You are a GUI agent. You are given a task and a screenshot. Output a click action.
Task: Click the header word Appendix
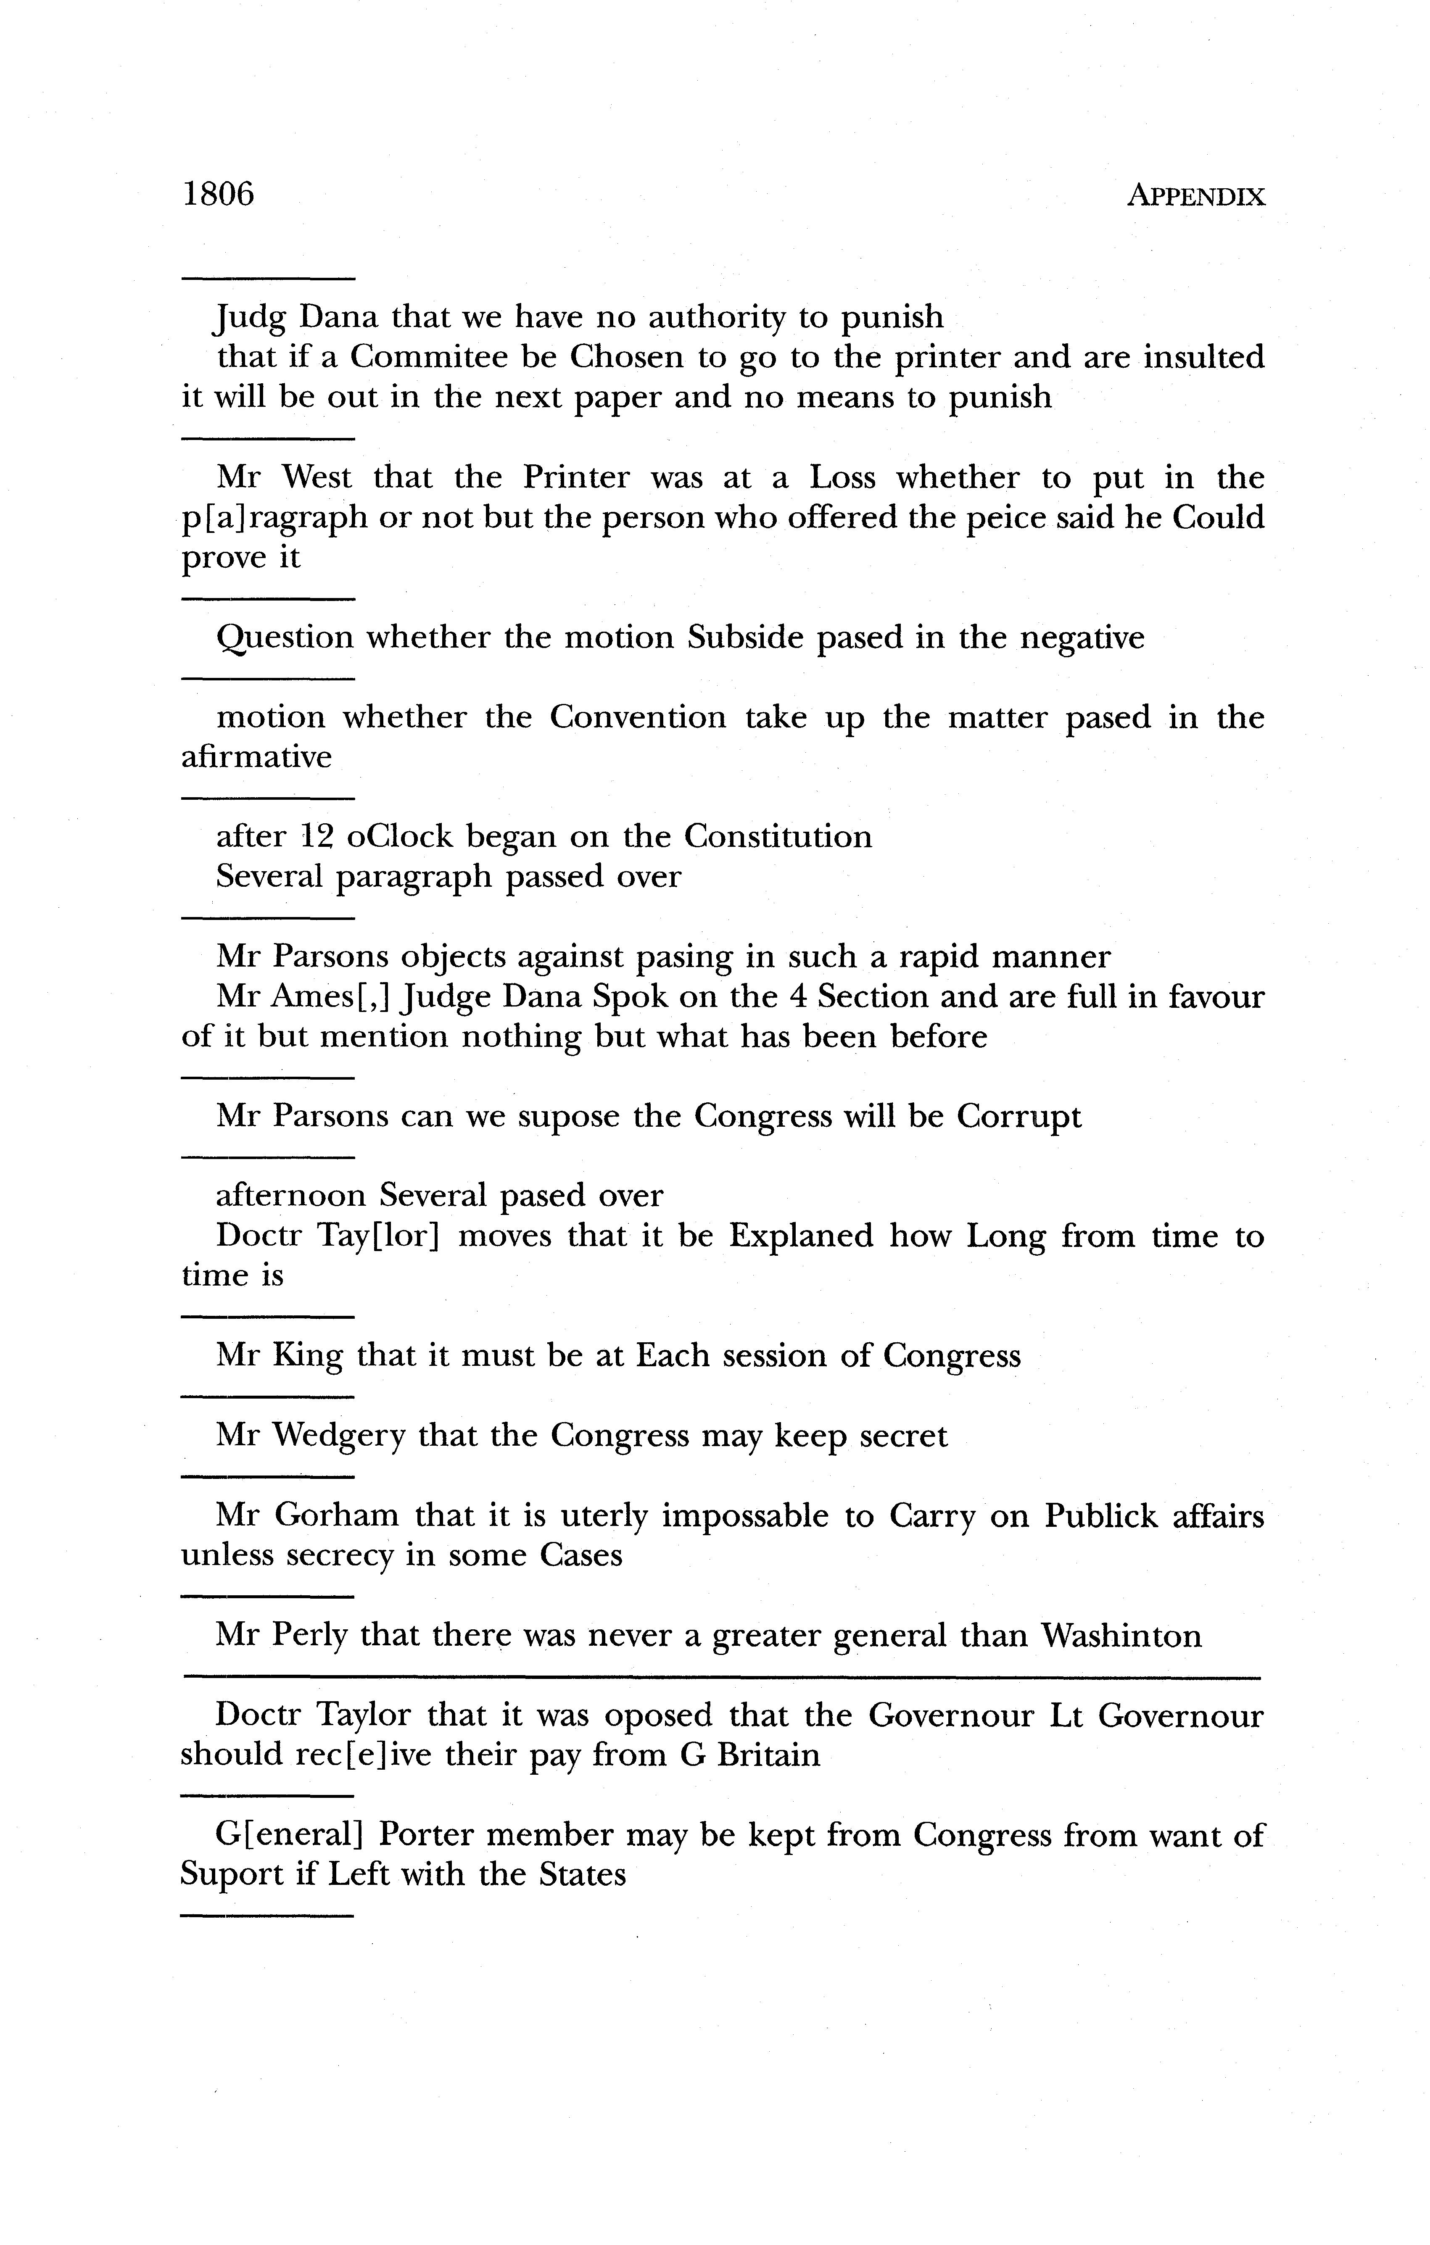coord(1196,197)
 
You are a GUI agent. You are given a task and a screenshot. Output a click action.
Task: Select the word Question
coord(285,639)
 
